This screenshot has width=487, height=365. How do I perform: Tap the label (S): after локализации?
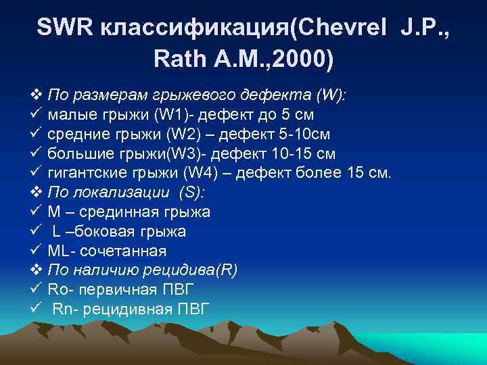[193, 193]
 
